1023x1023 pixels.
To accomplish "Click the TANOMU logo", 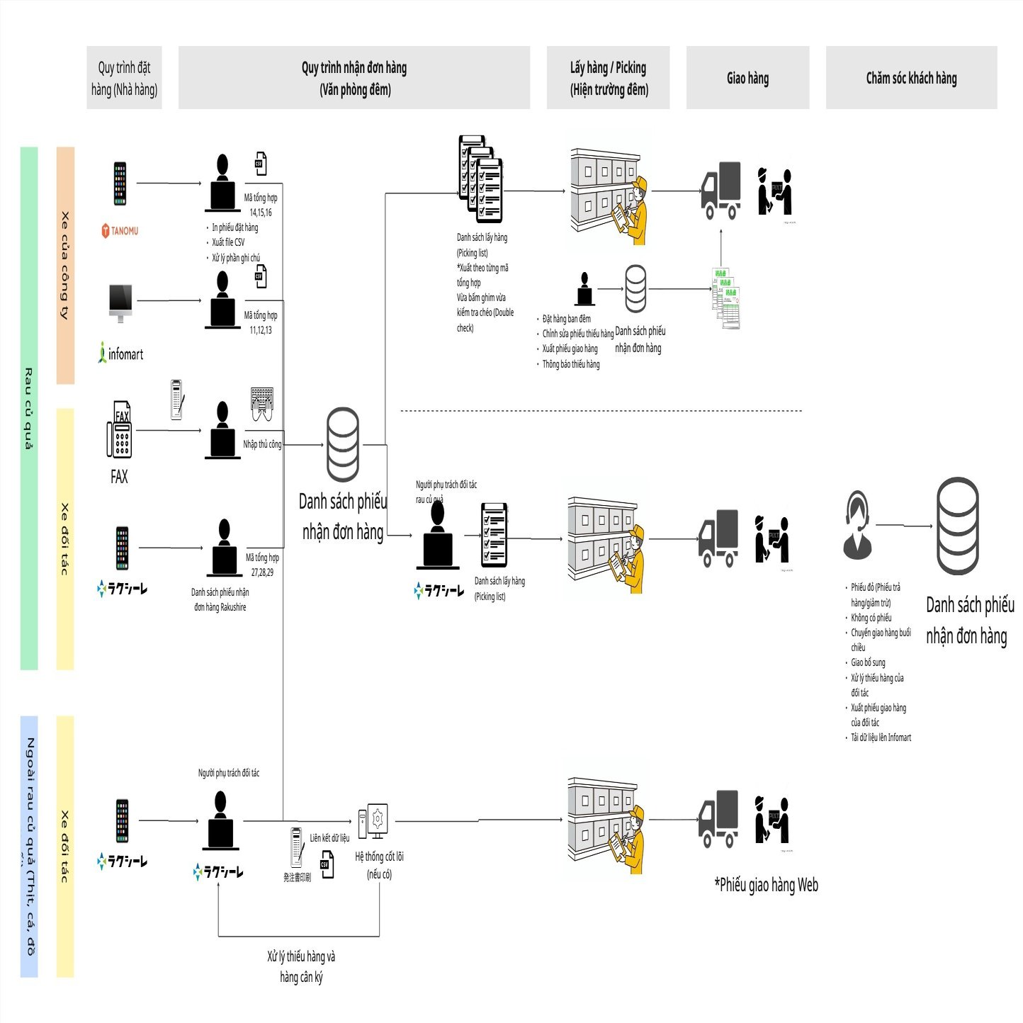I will (120, 231).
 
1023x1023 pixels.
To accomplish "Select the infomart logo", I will (120, 353).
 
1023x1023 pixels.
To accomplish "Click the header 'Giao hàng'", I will (747, 78).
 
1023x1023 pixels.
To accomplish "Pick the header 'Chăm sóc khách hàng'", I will (911, 78).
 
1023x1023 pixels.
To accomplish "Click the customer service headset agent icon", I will (857, 525).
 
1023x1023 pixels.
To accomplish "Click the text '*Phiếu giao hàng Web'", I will (766, 884).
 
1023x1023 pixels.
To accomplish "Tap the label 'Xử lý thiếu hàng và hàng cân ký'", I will (301, 966).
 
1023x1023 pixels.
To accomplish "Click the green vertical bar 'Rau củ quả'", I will (29, 408).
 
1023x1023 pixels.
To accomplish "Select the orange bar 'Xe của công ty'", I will (65, 266).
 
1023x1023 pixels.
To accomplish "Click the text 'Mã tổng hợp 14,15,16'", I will (261, 205).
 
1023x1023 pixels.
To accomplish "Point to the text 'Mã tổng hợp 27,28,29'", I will (262, 565).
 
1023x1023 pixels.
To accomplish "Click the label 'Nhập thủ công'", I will (262, 444).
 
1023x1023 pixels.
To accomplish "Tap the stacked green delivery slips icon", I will (725, 298).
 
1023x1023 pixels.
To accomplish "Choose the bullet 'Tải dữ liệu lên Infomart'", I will (881, 737).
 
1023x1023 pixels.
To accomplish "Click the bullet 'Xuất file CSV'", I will (228, 242).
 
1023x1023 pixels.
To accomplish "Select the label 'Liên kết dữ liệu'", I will (329, 838).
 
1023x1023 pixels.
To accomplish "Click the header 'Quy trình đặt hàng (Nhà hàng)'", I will (124, 78).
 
